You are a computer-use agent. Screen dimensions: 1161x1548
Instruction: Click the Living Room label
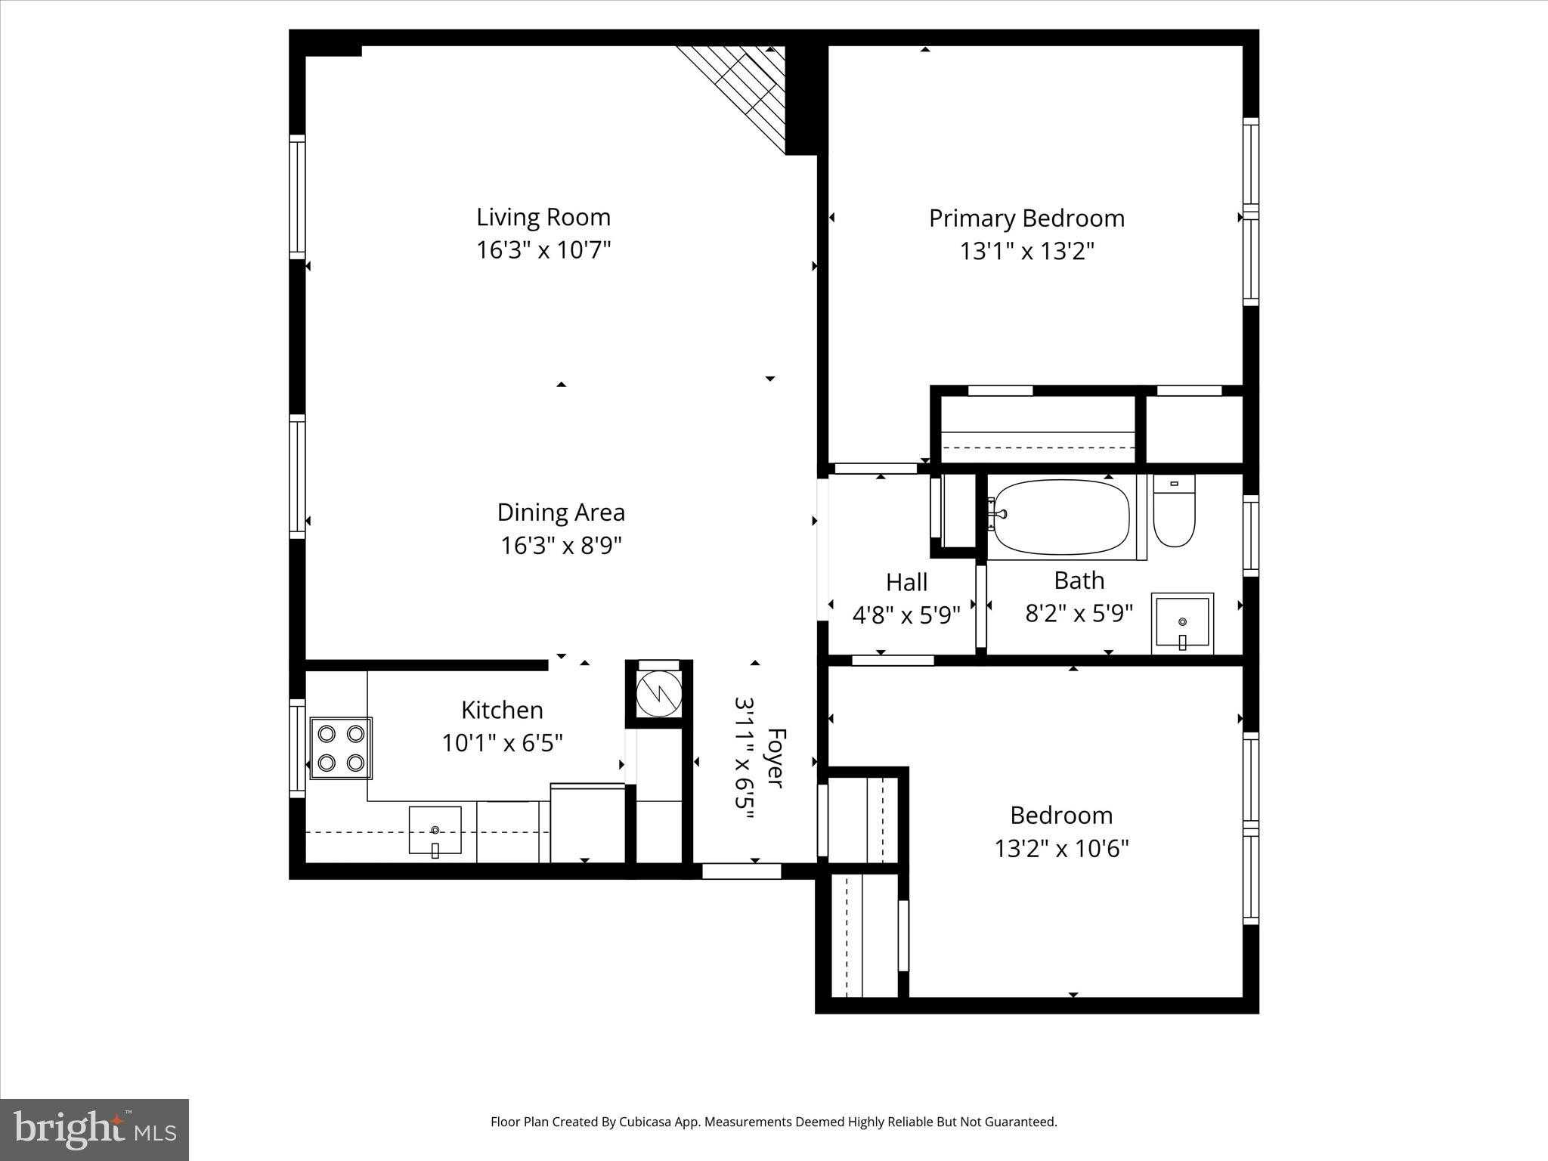(x=543, y=218)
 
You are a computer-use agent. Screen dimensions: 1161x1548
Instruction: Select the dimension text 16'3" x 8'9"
(x=560, y=546)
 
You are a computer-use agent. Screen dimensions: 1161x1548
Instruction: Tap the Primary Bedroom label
(x=1026, y=218)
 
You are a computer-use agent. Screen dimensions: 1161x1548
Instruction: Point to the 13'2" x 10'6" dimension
(x=1061, y=849)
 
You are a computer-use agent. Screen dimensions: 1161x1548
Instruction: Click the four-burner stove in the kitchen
(x=341, y=748)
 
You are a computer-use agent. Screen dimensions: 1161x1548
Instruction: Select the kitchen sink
(x=435, y=830)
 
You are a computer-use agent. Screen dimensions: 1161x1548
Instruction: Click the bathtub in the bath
(x=1061, y=517)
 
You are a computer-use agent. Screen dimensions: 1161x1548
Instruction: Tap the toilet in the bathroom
(x=1173, y=512)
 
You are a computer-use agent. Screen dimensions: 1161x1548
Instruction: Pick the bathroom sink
(x=1182, y=624)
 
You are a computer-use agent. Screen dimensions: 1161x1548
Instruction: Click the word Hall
(x=906, y=583)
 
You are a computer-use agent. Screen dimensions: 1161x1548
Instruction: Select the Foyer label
(x=776, y=757)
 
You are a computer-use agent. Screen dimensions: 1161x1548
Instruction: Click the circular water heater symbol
(x=658, y=692)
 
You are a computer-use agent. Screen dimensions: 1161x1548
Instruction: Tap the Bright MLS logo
(x=94, y=1129)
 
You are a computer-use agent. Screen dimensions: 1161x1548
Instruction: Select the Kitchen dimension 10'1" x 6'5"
(x=502, y=744)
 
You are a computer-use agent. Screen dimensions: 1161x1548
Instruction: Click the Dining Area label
(x=561, y=512)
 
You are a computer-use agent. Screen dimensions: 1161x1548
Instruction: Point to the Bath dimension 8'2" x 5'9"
(x=1079, y=613)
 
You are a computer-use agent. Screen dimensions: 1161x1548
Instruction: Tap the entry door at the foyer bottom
(x=741, y=872)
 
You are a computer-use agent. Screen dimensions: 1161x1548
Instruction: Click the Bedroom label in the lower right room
(x=1061, y=816)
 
